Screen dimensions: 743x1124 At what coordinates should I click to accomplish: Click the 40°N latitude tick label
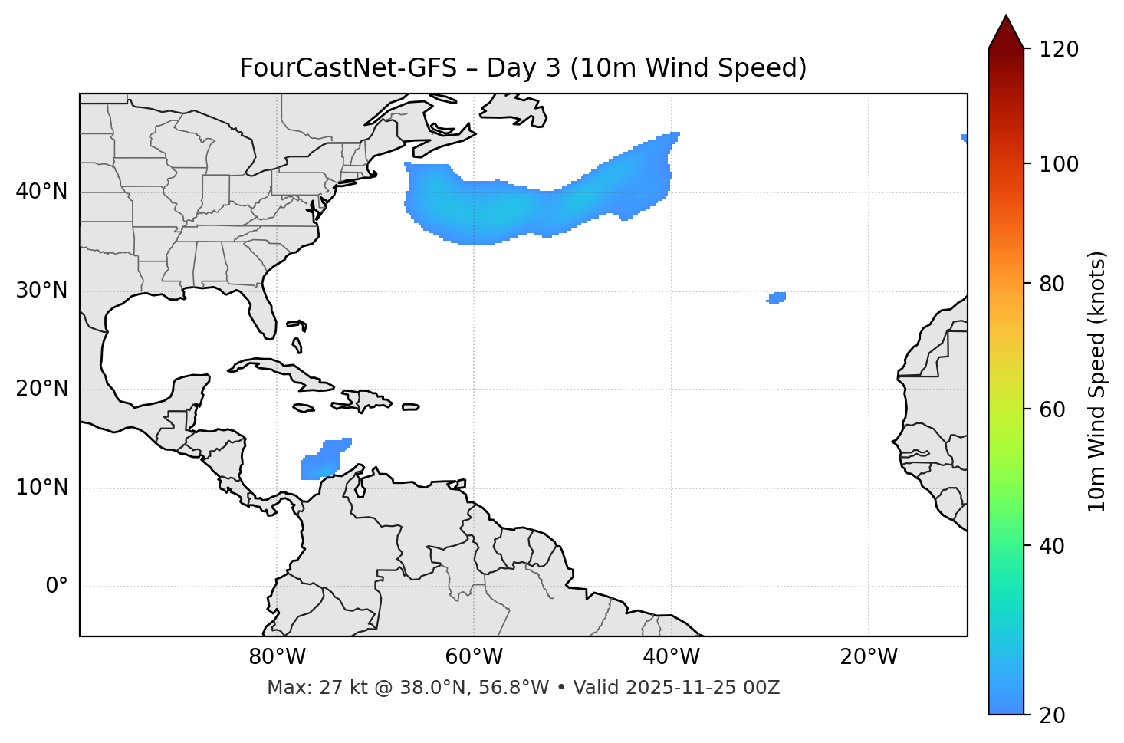[x=41, y=192]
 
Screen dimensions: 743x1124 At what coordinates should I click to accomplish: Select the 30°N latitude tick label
[x=41, y=291]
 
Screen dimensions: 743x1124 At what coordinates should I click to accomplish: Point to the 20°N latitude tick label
[x=41, y=389]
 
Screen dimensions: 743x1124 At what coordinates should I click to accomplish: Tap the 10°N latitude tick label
[x=41, y=488]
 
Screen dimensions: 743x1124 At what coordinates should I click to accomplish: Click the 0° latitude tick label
[x=57, y=587]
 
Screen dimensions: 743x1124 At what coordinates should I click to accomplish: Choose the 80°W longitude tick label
[x=277, y=657]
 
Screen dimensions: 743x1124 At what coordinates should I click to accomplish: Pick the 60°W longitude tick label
[x=474, y=657]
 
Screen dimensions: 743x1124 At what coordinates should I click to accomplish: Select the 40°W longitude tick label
[x=671, y=657]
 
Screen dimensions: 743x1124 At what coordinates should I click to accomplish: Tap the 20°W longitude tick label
[x=869, y=657]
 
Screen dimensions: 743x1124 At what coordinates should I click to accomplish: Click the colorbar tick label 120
[x=1059, y=50]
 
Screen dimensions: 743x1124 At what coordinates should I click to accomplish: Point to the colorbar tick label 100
[x=1059, y=164]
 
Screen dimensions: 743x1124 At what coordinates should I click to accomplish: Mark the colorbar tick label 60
[x=1053, y=409]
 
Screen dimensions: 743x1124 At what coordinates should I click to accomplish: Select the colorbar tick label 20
[x=1053, y=715]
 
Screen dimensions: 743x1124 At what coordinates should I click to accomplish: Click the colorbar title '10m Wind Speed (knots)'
[x=1097, y=381]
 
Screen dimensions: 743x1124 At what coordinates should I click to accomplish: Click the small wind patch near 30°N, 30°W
[x=777, y=298]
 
